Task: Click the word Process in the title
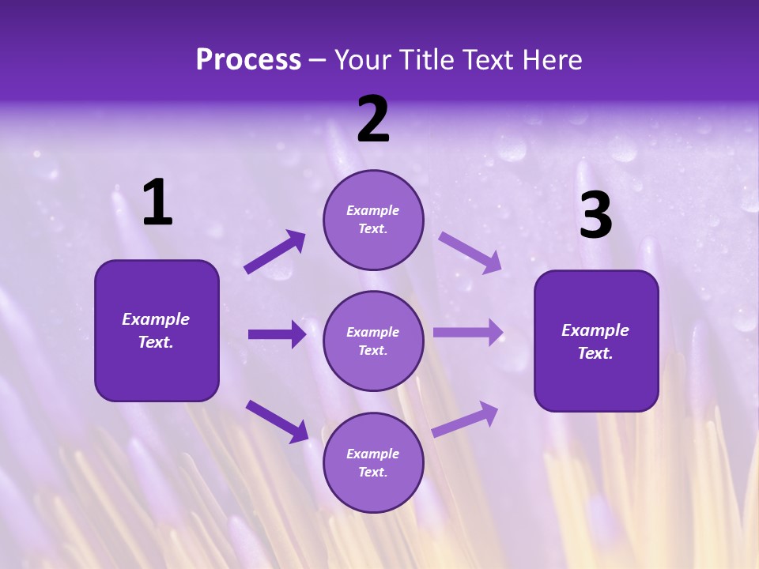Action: point(248,60)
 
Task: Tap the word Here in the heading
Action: point(549,60)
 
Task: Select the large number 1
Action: point(157,202)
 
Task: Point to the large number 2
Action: point(373,120)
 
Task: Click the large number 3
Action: point(595,215)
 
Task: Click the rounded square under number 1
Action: point(157,330)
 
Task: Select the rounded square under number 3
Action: point(596,341)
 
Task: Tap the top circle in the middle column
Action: point(373,220)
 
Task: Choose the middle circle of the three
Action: point(373,341)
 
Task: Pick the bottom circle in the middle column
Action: point(373,462)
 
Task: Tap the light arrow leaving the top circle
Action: point(470,252)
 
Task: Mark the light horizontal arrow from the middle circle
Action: point(468,332)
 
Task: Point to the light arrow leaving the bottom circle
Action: point(465,419)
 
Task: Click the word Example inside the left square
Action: point(156,319)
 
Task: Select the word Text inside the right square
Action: point(595,353)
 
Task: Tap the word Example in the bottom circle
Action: point(373,454)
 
